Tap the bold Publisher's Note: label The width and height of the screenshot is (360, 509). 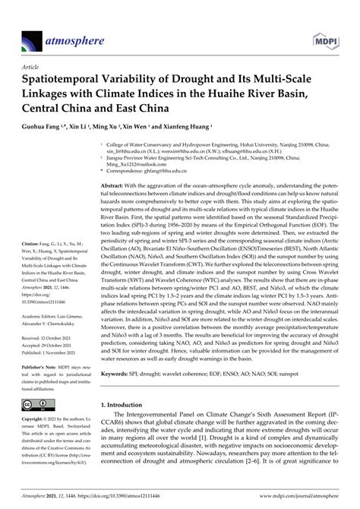tap(36, 365)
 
